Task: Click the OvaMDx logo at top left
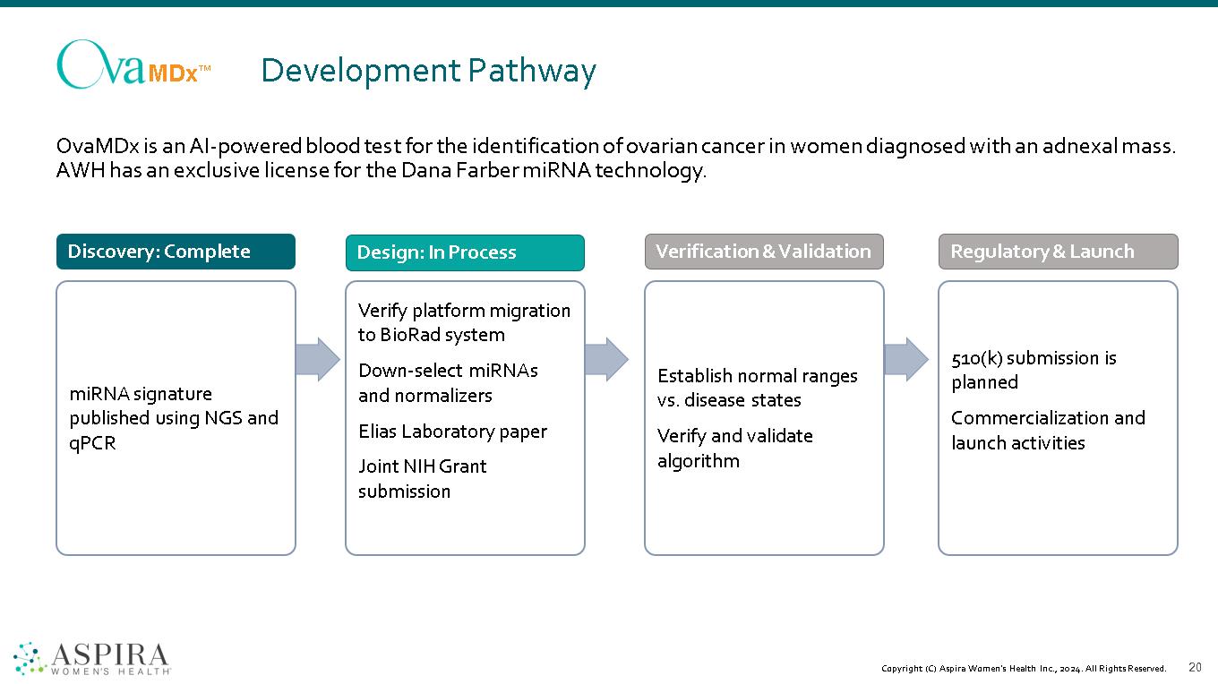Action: click(x=133, y=64)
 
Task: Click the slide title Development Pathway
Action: click(x=428, y=71)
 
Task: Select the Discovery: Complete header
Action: click(x=176, y=252)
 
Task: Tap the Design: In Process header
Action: click(x=465, y=252)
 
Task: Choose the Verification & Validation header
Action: click(x=763, y=252)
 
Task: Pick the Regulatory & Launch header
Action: click(x=1058, y=252)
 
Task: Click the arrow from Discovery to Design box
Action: click(x=318, y=359)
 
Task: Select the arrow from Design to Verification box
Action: click(x=606, y=359)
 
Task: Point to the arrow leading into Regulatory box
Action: click(x=906, y=359)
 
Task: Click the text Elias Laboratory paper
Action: click(x=452, y=432)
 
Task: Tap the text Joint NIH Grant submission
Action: click(x=422, y=479)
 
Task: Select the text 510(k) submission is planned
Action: click(x=1034, y=370)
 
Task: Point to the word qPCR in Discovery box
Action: click(x=92, y=443)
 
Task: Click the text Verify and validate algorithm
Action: click(x=734, y=449)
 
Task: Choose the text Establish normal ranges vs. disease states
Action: click(x=757, y=388)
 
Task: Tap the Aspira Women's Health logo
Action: click(x=92, y=658)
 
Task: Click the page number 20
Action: click(x=1195, y=667)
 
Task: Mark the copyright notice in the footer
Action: click(x=1023, y=669)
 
